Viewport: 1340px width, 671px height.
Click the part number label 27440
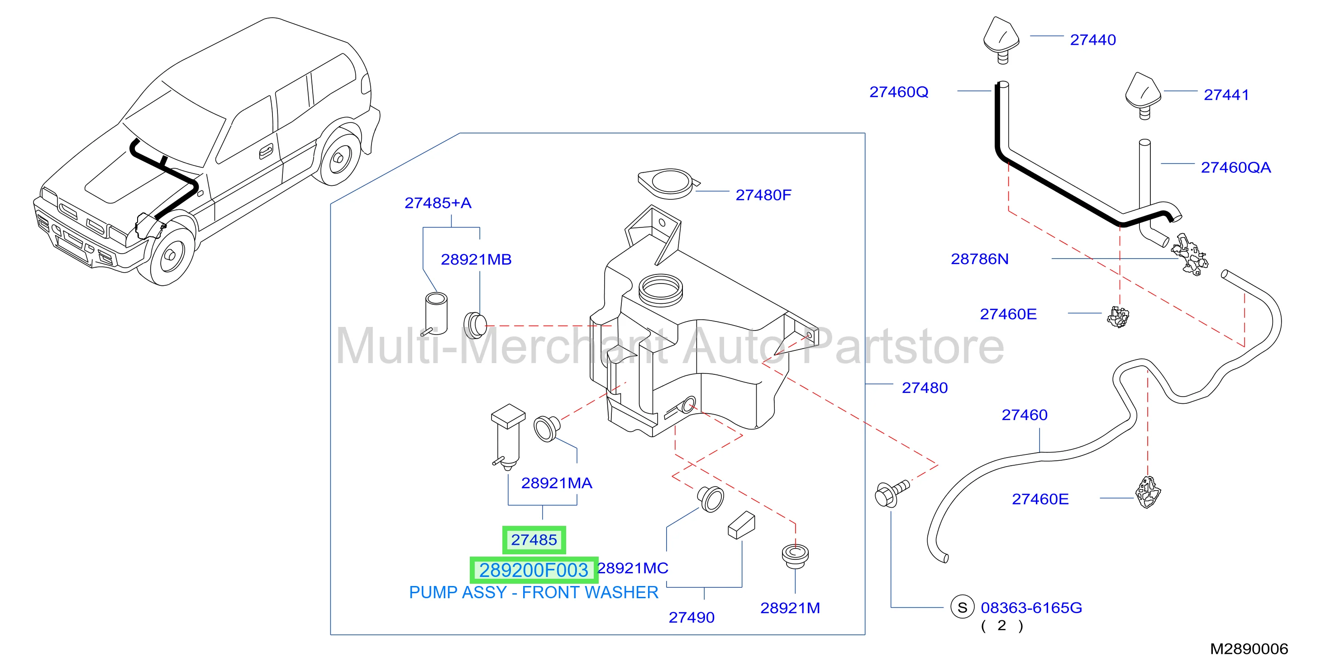[x=1092, y=40]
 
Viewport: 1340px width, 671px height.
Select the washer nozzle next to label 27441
[x=1144, y=96]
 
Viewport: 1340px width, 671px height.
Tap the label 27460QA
[x=1235, y=167]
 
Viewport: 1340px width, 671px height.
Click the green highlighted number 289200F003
[x=534, y=570]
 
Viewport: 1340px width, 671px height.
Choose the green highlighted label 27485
[x=534, y=540]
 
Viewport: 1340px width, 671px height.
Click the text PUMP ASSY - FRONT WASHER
[x=534, y=592]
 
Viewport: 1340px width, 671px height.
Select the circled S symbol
[x=962, y=607]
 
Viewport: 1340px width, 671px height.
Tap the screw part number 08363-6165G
[x=1031, y=608]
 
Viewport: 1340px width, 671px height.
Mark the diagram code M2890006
[x=1249, y=649]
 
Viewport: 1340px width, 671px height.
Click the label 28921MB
[x=476, y=260]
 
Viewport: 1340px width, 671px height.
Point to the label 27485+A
[x=438, y=203]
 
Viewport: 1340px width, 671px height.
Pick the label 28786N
[x=979, y=259]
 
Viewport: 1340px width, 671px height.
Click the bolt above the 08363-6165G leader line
[x=891, y=493]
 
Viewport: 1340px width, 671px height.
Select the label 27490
[x=691, y=618]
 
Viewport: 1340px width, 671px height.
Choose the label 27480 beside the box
[x=925, y=388]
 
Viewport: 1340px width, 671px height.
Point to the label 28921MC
[x=633, y=568]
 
